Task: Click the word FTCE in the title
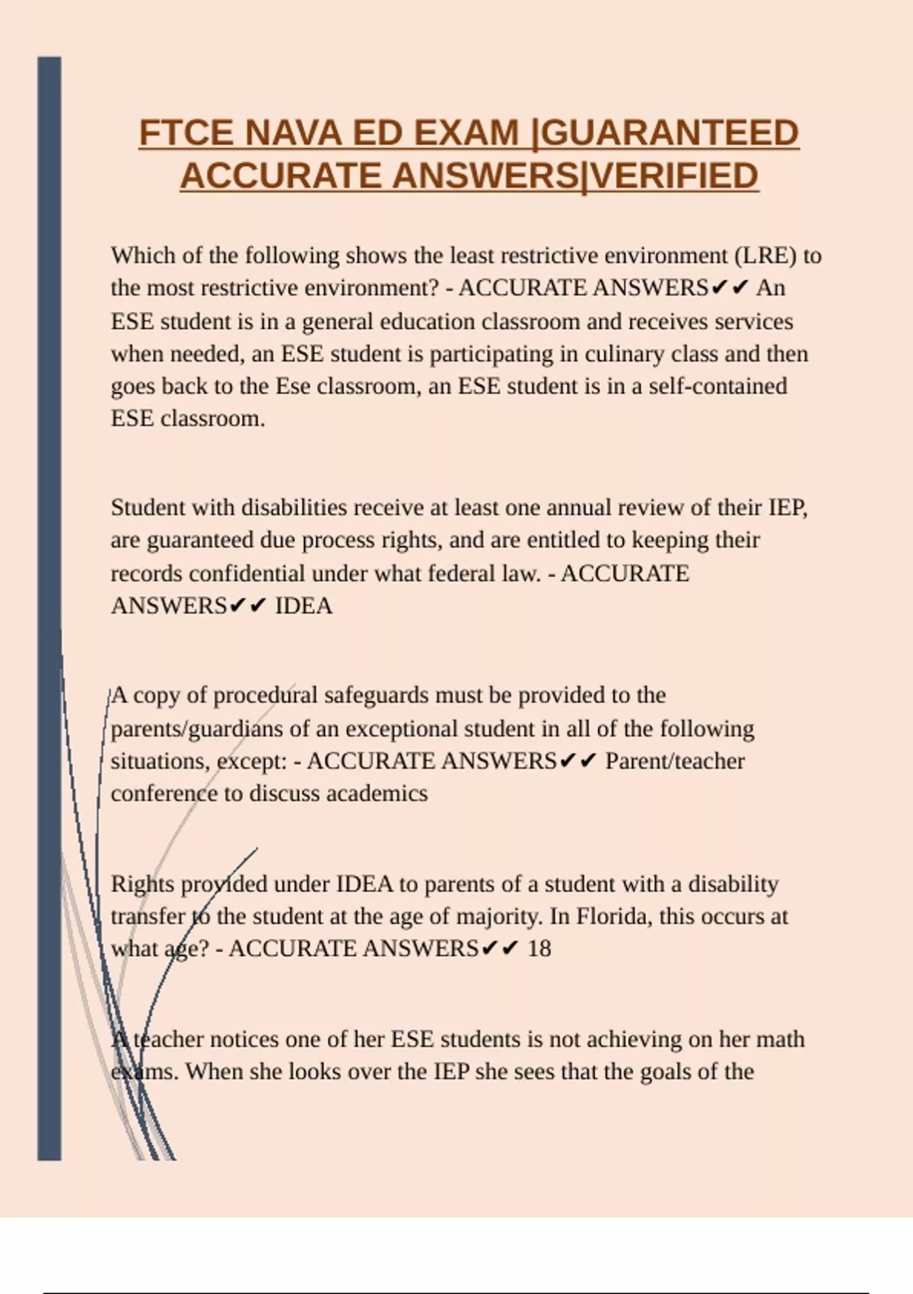tap(186, 134)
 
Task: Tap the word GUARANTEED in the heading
tap(672, 134)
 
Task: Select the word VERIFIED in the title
tap(673, 177)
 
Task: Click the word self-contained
tap(717, 387)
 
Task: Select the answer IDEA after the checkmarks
tap(304, 606)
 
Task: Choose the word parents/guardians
tap(197, 729)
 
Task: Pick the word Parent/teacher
tap(675, 761)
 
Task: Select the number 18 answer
tap(539, 949)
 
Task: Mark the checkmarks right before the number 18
tap(501, 949)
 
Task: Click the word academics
tap(377, 794)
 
